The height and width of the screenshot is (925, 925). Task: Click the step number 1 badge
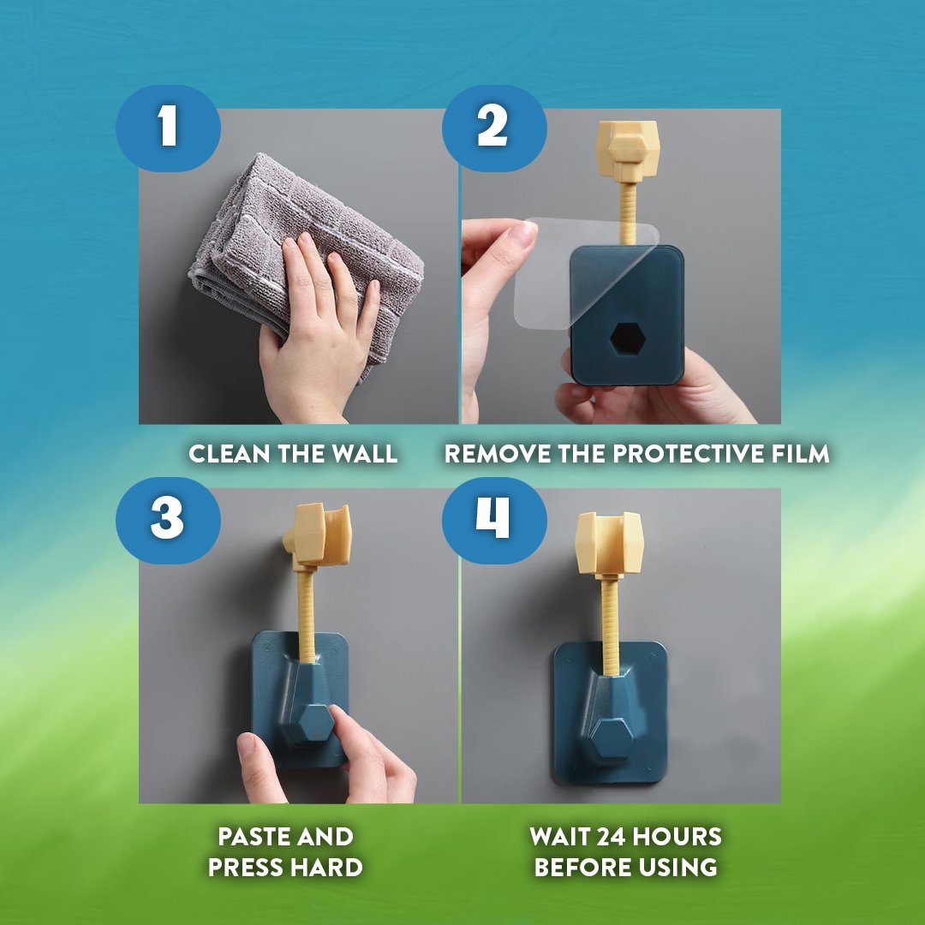coord(168,128)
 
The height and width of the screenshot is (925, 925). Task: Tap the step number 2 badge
coord(494,128)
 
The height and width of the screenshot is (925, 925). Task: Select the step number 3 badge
coord(168,521)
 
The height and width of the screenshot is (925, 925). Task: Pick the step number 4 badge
coord(494,521)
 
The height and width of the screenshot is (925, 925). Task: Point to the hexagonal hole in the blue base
coord(628,339)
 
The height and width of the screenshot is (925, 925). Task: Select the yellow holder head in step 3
coord(319,536)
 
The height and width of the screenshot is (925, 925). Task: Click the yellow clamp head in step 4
coord(610,544)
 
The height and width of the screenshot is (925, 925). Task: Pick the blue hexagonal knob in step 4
coord(612,737)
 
